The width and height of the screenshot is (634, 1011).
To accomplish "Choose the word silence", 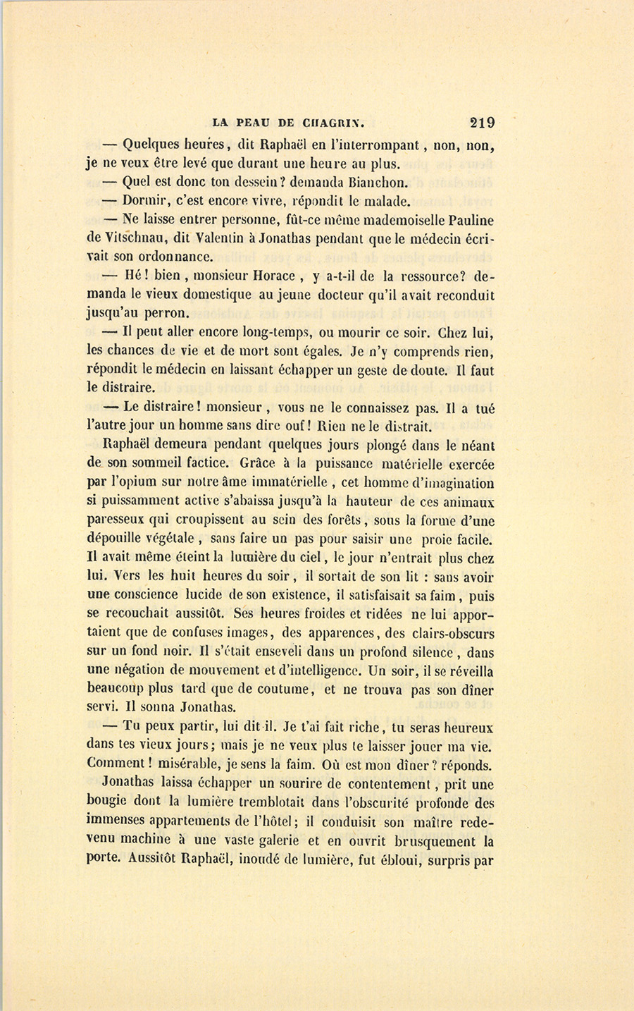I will [x=428, y=652].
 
